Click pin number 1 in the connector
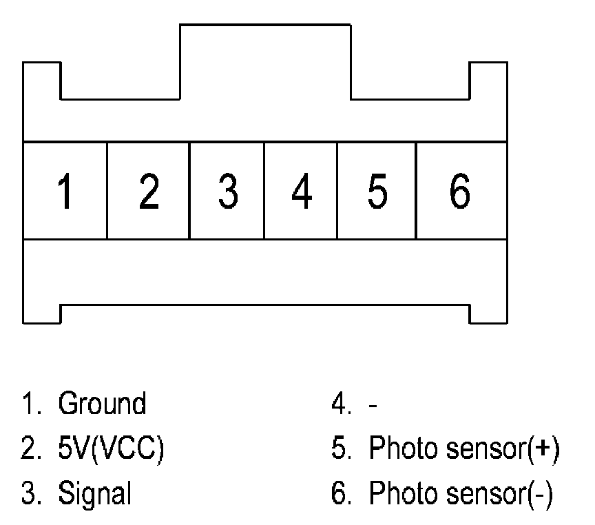(65, 192)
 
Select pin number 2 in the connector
(149, 192)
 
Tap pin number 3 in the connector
(228, 192)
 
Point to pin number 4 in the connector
(301, 192)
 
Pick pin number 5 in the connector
(377, 192)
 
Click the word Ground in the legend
(102, 404)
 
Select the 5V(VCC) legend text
(111, 449)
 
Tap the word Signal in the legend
(95, 494)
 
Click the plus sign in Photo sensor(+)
(543, 449)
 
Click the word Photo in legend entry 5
(398, 449)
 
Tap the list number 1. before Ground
(30, 404)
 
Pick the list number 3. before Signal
(30, 494)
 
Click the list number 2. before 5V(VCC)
(30, 449)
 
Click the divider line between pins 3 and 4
(264, 191)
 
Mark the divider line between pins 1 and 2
(107, 191)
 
